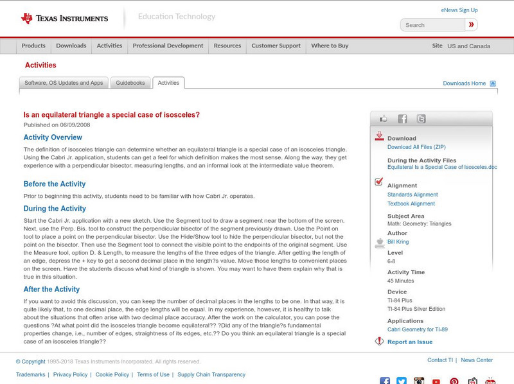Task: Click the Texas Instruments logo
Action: click(x=64, y=18)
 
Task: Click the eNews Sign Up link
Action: click(x=459, y=10)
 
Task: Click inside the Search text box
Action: click(x=432, y=25)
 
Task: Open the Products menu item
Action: click(x=33, y=46)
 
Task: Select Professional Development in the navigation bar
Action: click(x=168, y=46)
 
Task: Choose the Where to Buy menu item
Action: click(x=330, y=46)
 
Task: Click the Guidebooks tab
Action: click(x=130, y=83)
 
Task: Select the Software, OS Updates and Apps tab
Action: click(x=64, y=83)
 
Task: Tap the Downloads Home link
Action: click(x=464, y=83)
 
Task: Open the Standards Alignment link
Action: click(x=412, y=195)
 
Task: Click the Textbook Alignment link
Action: click(x=411, y=204)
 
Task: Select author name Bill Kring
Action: click(x=398, y=242)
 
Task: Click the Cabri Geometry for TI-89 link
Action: click(x=418, y=329)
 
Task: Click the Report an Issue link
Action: click(x=409, y=342)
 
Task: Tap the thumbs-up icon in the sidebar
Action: click(x=384, y=119)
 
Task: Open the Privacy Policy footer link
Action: click(x=70, y=374)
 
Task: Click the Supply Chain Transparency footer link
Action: click(x=211, y=374)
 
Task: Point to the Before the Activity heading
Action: click(x=55, y=184)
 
